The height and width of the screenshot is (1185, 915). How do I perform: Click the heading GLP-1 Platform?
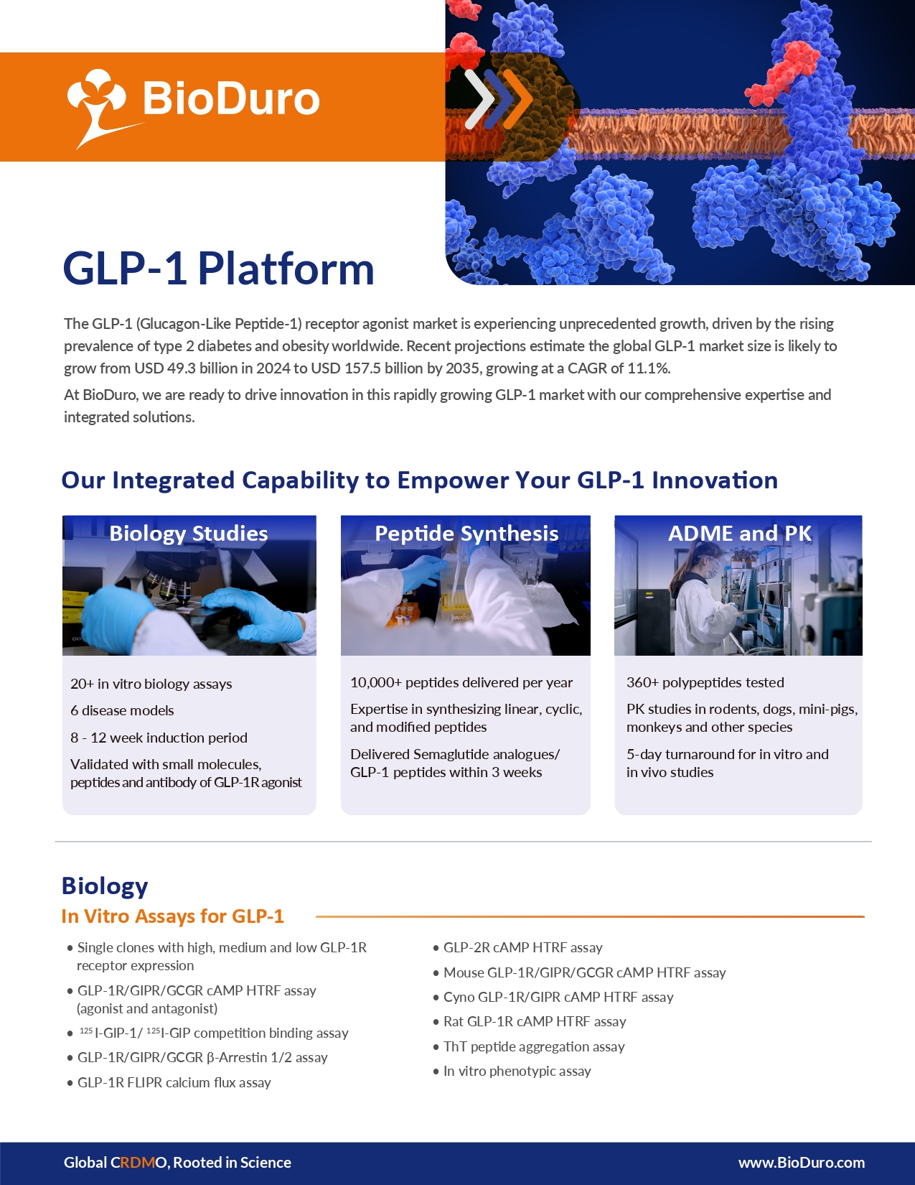point(219,269)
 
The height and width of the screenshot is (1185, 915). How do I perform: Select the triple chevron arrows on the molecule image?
point(498,98)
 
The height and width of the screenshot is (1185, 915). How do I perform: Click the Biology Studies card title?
point(189,534)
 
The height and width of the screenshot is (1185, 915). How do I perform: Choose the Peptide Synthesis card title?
point(466,534)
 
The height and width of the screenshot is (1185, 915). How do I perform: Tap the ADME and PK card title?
point(739,534)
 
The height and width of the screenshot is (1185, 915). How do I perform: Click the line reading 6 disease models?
point(122,710)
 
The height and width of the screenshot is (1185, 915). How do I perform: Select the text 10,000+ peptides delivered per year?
point(461,683)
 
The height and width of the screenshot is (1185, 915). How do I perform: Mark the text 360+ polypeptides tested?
point(705,683)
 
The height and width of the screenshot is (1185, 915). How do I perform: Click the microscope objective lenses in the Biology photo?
point(171,587)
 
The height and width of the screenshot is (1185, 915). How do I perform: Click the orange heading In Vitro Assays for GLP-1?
point(173,916)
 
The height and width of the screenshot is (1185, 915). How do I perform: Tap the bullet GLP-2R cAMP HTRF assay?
point(522,948)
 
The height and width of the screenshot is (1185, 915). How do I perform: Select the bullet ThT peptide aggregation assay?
point(533,1047)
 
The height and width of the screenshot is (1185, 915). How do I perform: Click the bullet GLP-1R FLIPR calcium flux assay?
point(174,1083)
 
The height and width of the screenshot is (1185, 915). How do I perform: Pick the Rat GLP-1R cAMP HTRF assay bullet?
point(535,1022)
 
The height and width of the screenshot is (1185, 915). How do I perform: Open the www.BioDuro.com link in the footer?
point(801,1163)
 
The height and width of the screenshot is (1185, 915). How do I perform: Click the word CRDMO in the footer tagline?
point(139,1163)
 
